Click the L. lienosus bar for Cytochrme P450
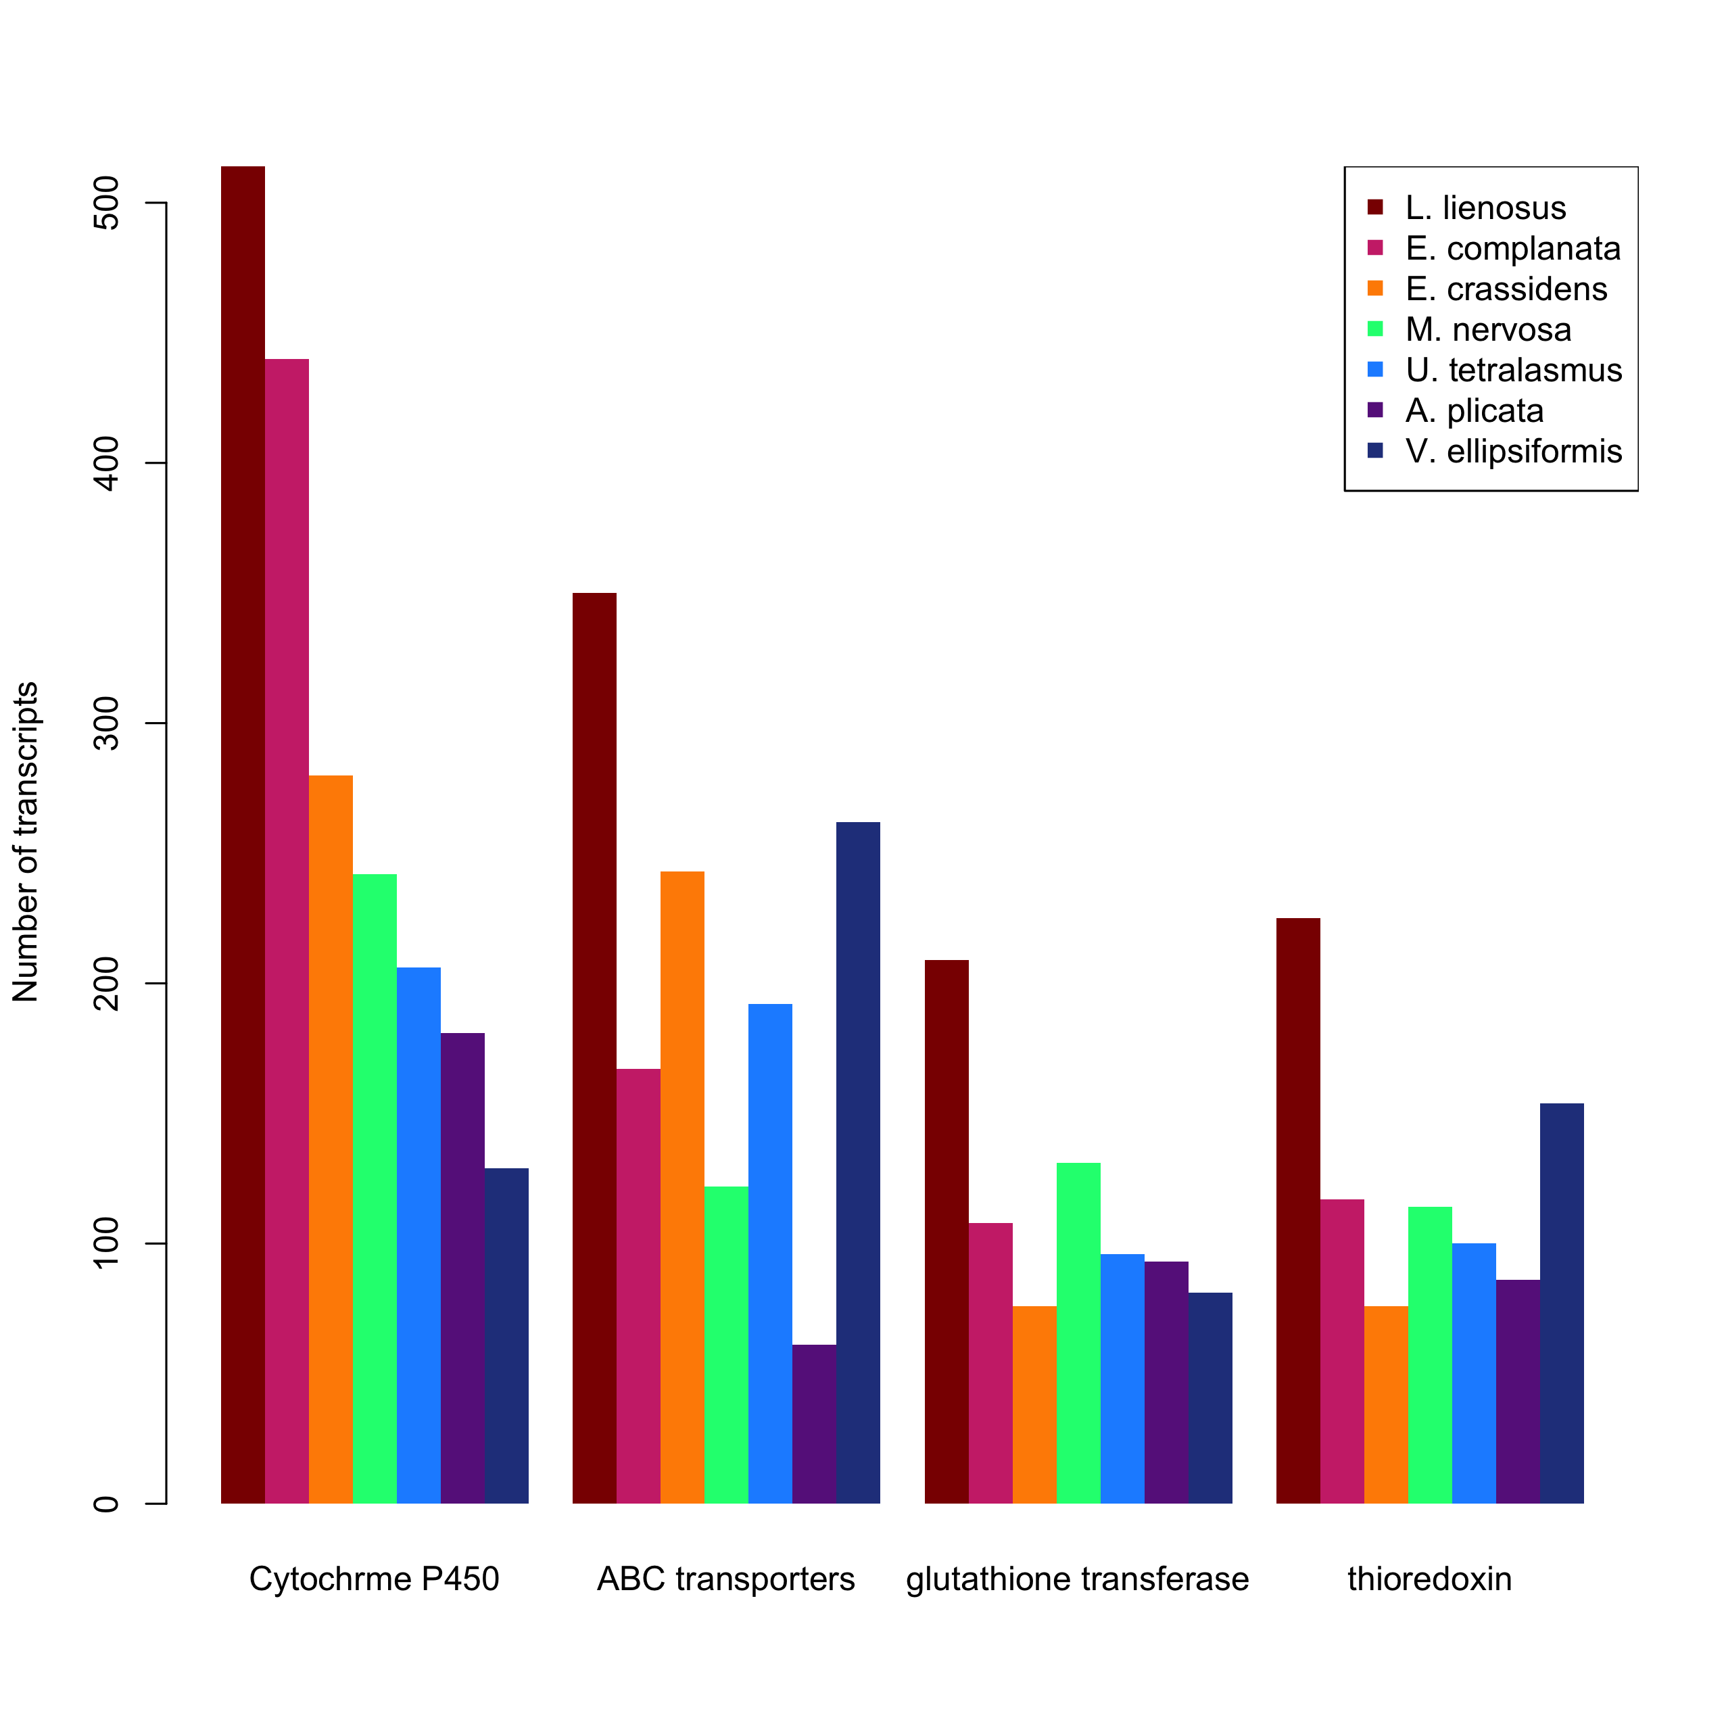click(x=243, y=834)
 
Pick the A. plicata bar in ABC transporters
click(x=815, y=1424)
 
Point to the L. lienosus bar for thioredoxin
click(x=1298, y=1211)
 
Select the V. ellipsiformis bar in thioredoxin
click(x=1562, y=1303)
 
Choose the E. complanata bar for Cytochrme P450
click(x=287, y=931)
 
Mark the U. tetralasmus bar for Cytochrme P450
click(x=419, y=1235)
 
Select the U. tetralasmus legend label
click(x=1514, y=369)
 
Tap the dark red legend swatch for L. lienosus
click(x=1375, y=207)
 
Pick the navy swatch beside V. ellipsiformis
click(x=1375, y=451)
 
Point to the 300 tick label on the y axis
click(x=105, y=723)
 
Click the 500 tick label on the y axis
click(x=105, y=203)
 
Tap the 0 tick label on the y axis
click(x=105, y=1504)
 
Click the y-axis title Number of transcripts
click(x=25, y=842)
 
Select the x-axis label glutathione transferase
click(x=1078, y=1579)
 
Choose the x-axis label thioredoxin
click(x=1429, y=1579)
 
